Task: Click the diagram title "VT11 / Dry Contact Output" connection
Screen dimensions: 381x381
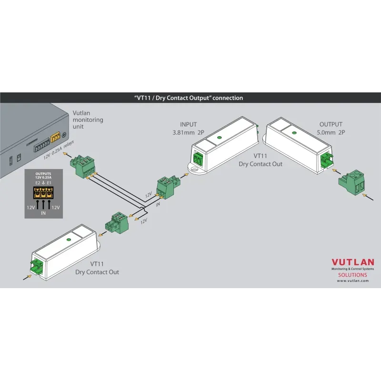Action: pos(189,98)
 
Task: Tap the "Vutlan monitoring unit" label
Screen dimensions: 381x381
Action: pos(88,120)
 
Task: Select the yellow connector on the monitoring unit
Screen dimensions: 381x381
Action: pos(55,137)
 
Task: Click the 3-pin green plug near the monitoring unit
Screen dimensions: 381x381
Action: pos(82,166)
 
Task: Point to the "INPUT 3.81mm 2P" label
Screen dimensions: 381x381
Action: pos(188,129)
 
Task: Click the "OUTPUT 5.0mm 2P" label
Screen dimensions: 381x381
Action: pos(331,129)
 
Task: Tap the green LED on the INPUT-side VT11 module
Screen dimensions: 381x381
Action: pos(219,138)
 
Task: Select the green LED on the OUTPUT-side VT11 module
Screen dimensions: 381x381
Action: pos(294,133)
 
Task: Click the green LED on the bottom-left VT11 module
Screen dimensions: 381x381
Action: pos(69,240)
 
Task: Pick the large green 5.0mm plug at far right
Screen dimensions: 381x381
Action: pos(352,182)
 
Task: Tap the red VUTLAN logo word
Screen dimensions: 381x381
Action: pos(353,262)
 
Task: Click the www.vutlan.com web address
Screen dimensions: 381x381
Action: pos(353,281)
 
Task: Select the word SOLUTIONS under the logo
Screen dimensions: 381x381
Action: pos(352,275)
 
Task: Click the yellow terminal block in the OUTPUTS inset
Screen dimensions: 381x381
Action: pos(43,193)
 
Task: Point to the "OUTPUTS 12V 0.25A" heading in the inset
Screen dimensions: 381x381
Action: pos(43,176)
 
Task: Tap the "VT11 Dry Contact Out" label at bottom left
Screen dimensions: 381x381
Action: pos(97,268)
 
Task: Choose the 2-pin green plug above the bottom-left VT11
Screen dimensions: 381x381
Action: pos(117,223)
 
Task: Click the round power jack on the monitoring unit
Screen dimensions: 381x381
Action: pos(64,135)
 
